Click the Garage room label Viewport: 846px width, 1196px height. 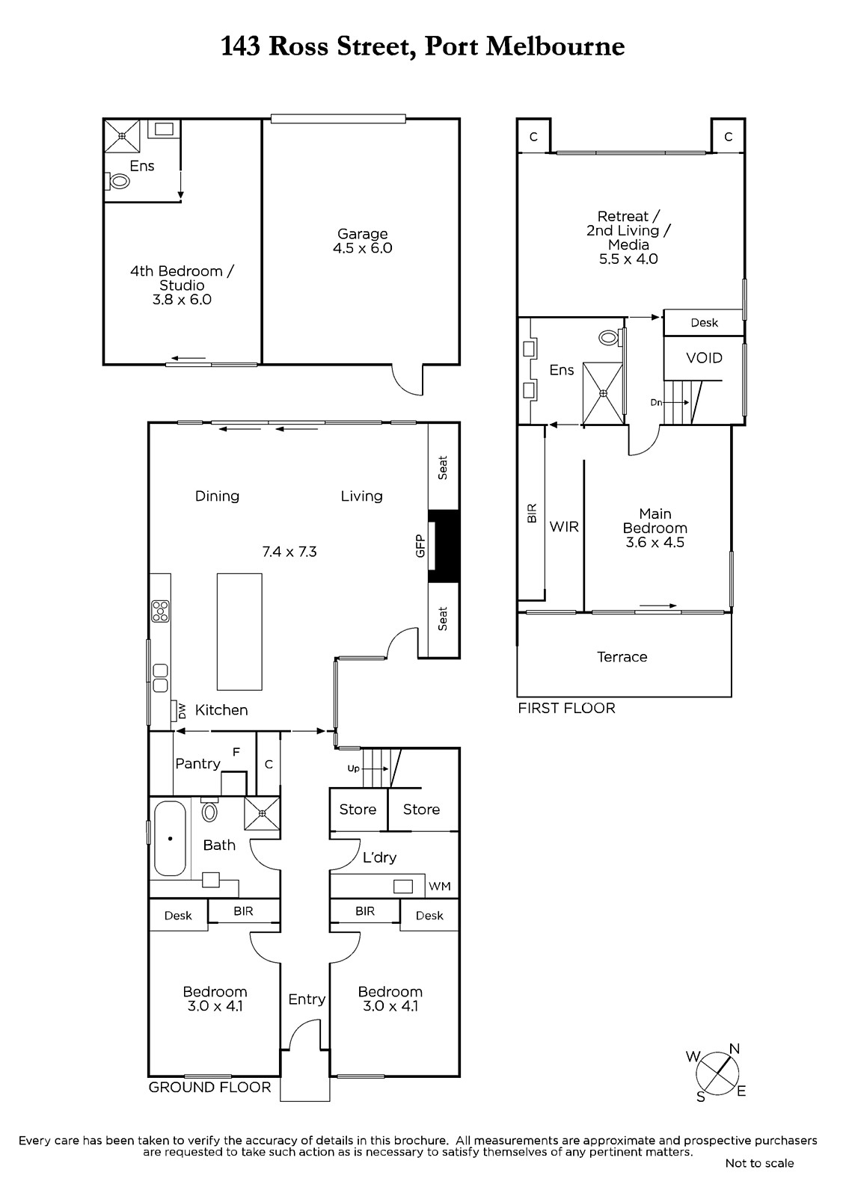pyautogui.click(x=362, y=234)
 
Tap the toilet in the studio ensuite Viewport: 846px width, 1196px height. pyautogui.click(x=118, y=182)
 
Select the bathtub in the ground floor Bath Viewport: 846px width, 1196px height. pyautogui.click(x=170, y=839)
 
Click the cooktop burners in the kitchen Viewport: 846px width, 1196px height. pyautogui.click(x=160, y=611)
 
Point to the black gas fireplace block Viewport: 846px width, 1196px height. pyautogui.click(x=444, y=546)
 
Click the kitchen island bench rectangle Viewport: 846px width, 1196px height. pyautogui.click(x=239, y=632)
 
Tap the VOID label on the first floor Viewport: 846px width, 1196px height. pyautogui.click(x=704, y=358)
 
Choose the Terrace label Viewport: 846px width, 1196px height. pyautogui.click(x=622, y=657)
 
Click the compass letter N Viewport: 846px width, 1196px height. pyautogui.click(x=735, y=1049)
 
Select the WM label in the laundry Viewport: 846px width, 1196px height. pyautogui.click(x=439, y=887)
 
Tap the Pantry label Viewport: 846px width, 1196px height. pyautogui.click(x=197, y=764)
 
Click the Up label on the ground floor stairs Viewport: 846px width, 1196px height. pyautogui.click(x=353, y=768)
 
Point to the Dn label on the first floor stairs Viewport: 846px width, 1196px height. pyautogui.click(x=656, y=403)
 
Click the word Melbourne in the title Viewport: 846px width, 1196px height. pyautogui.click(x=555, y=46)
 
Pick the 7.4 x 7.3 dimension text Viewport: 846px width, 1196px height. pyautogui.click(x=289, y=552)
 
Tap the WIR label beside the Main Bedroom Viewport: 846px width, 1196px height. pyautogui.click(x=564, y=527)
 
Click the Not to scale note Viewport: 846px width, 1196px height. pyautogui.click(x=759, y=1163)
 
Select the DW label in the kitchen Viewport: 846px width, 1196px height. pyautogui.click(x=182, y=711)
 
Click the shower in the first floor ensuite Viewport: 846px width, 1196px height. pyautogui.click(x=604, y=393)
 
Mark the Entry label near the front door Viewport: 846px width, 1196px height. pyautogui.click(x=307, y=999)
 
